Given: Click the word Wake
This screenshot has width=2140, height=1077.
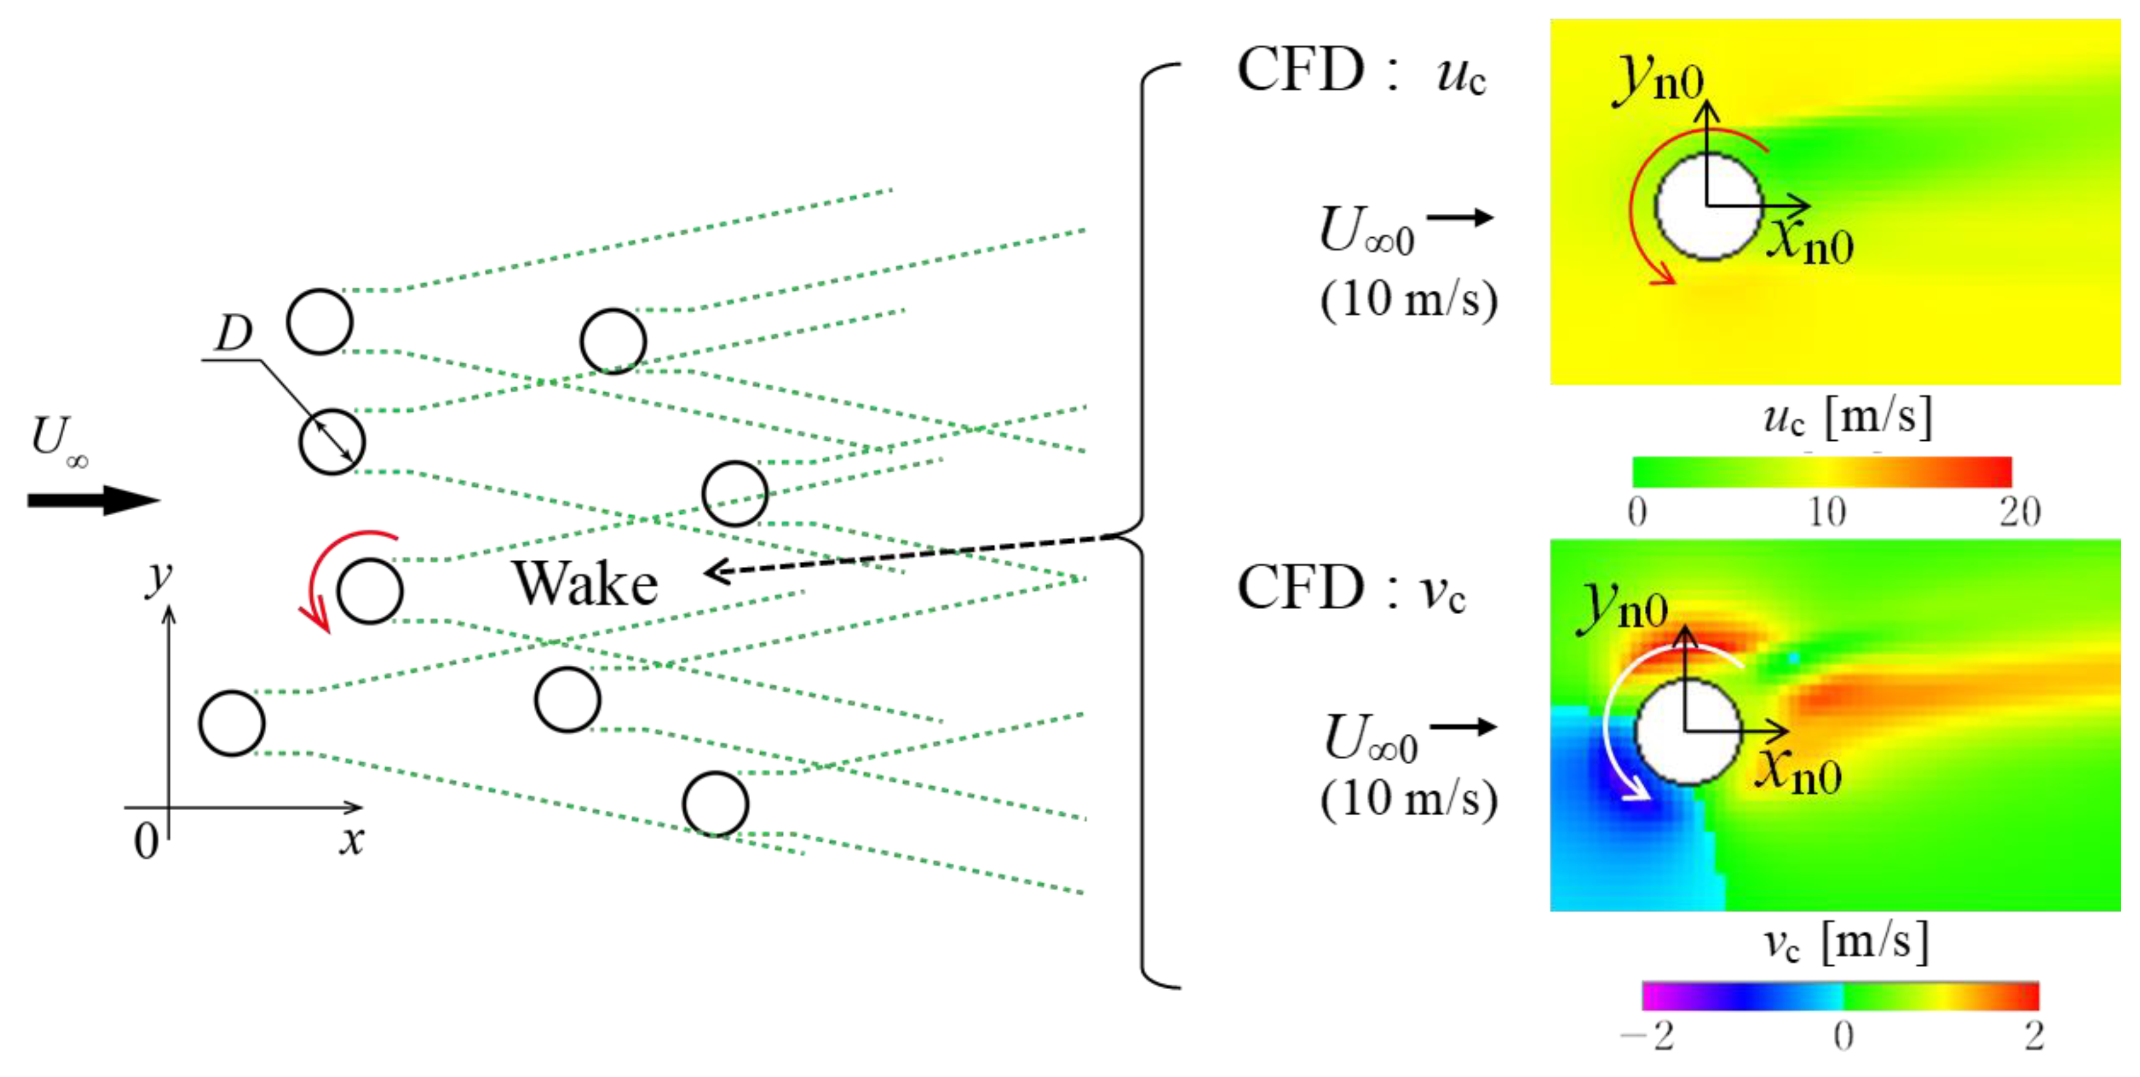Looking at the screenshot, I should (585, 583).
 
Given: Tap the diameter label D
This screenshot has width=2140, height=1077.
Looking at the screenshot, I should (233, 333).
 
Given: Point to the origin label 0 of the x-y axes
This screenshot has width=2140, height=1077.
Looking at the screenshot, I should (146, 841).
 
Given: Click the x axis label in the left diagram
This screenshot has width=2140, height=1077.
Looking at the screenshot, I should (351, 839).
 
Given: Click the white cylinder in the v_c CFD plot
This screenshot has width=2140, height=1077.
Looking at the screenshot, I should (1687, 732).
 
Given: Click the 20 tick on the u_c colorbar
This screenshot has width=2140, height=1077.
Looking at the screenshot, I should (2019, 512).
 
